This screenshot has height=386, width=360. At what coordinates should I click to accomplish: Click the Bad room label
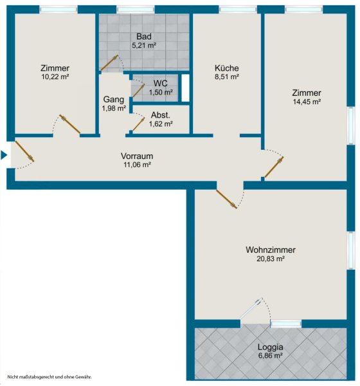[x=144, y=37]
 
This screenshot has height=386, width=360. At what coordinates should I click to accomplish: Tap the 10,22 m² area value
[x=55, y=77]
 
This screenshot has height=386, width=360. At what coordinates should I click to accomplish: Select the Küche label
[x=227, y=68]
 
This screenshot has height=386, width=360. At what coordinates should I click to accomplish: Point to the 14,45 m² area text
[x=307, y=102]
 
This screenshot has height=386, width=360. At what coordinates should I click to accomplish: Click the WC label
[x=161, y=83]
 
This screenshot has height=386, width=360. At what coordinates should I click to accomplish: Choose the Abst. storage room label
[x=161, y=115]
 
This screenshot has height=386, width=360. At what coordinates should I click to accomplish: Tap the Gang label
[x=113, y=100]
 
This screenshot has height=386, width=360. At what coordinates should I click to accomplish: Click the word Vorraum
[x=137, y=156]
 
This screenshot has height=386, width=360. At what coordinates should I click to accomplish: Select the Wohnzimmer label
[x=271, y=250]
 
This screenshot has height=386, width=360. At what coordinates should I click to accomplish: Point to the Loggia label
[x=270, y=347]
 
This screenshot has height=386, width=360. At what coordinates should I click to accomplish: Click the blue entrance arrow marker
[x=3, y=155]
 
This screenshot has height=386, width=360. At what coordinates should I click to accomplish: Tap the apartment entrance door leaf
[x=24, y=151]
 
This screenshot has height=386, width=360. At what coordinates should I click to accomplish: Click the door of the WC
[x=139, y=90]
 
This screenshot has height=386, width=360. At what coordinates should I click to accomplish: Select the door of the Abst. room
[x=139, y=124]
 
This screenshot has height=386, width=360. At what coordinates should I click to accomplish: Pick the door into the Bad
[x=109, y=63]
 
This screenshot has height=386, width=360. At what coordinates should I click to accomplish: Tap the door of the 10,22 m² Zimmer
[x=70, y=124]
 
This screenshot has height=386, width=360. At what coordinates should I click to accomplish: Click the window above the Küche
[x=238, y=10]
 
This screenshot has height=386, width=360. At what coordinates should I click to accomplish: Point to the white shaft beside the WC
[x=185, y=88]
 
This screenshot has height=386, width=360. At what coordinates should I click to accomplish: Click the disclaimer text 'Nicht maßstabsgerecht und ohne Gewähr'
[x=50, y=376]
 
